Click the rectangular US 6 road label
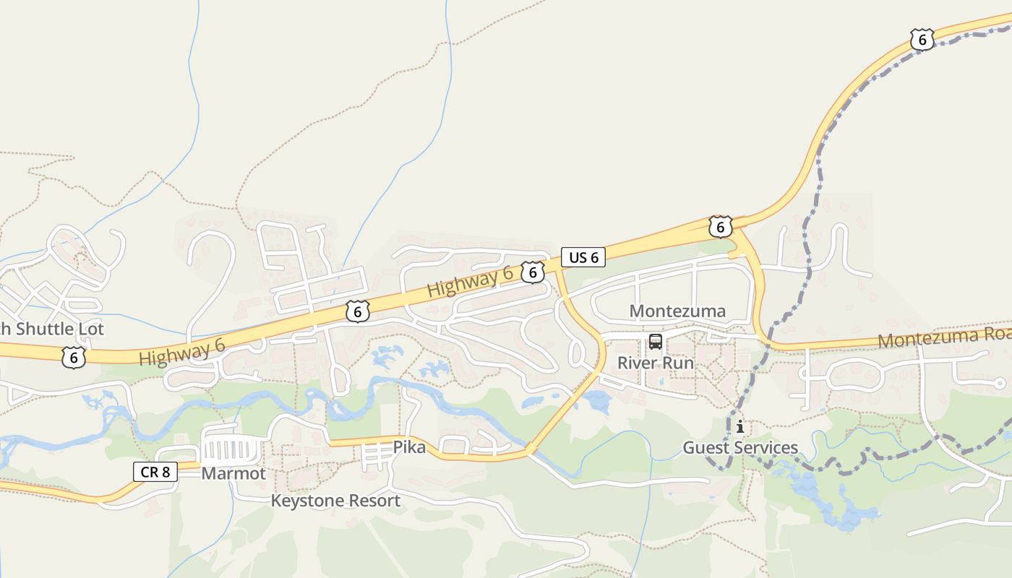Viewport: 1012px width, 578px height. click(583, 257)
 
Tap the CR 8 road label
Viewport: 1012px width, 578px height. click(155, 472)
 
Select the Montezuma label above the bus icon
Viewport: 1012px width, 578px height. click(677, 311)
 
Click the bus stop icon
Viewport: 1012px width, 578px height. click(656, 342)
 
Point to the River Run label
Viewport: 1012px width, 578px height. click(655, 363)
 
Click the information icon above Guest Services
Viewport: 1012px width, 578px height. click(739, 426)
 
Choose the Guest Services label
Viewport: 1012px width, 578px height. click(740, 448)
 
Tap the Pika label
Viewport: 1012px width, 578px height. click(409, 447)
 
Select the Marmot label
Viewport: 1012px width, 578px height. click(233, 474)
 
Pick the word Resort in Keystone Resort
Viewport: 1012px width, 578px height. click(374, 501)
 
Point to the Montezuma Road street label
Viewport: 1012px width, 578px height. click(944, 337)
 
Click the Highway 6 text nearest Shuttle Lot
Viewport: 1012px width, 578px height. click(181, 353)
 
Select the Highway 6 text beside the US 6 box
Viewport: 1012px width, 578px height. click(470, 282)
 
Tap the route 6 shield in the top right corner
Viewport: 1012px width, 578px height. click(922, 39)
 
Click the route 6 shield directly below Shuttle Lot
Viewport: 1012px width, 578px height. click(73, 357)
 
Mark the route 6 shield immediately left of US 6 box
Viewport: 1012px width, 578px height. click(533, 272)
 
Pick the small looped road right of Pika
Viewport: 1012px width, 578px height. click(455, 446)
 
